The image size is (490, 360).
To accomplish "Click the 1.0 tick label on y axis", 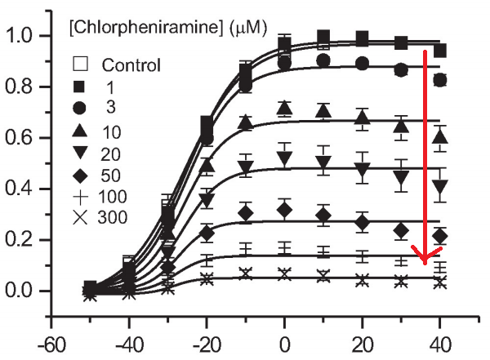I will [25, 36].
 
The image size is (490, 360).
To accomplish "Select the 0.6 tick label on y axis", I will [25, 138].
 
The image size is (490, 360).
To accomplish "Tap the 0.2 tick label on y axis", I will [25, 240].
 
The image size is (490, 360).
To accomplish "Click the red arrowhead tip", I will [425, 263].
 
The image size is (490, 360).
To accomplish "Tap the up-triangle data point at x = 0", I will [284, 108].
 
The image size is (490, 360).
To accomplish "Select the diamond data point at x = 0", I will [284, 210].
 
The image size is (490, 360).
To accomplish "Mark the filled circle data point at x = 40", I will [441, 80].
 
